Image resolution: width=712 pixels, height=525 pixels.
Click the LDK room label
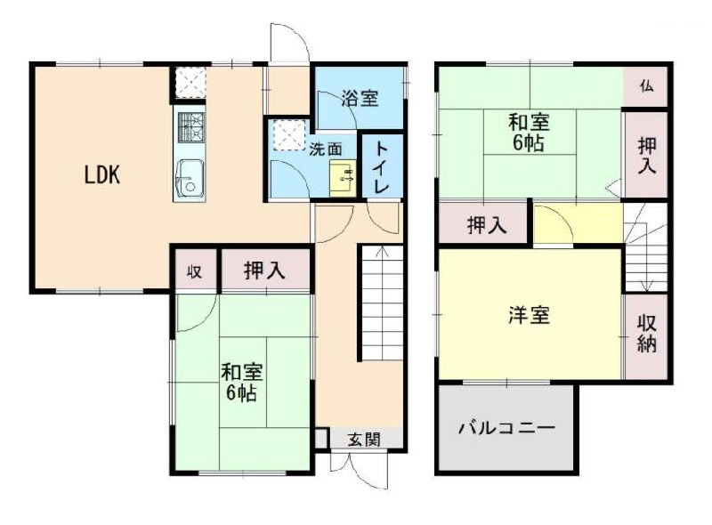pos(102,175)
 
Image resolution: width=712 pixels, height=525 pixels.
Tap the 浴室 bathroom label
pos(360,98)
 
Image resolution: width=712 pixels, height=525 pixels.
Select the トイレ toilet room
pos(380,166)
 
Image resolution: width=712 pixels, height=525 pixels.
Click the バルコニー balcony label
pos(506,428)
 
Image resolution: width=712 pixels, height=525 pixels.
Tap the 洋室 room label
pos(529,315)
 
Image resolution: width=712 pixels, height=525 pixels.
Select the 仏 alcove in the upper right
pos(645,86)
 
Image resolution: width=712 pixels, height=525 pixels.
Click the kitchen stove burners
pos(190,128)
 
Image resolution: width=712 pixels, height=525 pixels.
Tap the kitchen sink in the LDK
pos(189,179)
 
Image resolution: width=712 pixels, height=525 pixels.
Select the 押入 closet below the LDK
pos(264,271)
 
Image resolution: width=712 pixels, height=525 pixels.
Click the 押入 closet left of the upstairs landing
pos(486,226)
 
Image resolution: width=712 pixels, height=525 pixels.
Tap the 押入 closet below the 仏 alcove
pos(646,154)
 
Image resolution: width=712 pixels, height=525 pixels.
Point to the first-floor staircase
pos(381,303)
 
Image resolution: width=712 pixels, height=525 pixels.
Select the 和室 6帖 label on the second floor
pos(528,132)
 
